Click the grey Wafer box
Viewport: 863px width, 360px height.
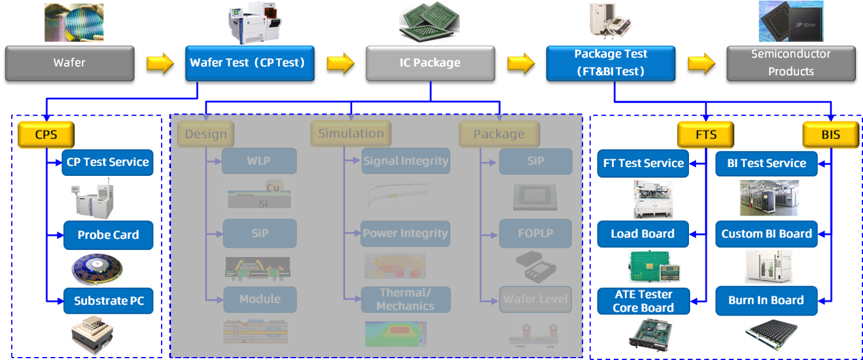click(69, 63)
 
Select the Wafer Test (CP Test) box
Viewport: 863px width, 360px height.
click(249, 63)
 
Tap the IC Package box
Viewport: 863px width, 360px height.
click(430, 63)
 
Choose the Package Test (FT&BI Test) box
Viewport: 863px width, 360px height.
click(610, 63)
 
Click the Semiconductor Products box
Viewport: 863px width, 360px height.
click(791, 63)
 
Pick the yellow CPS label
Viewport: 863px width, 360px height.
click(46, 134)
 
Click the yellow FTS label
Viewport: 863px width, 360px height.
click(706, 134)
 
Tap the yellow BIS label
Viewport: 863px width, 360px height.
click(830, 134)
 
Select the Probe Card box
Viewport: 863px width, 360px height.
click(108, 235)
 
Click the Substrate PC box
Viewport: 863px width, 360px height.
click(108, 301)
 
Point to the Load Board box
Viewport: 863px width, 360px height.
click(643, 234)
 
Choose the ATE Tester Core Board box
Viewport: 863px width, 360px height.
click(643, 301)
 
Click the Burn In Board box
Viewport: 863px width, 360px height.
click(766, 300)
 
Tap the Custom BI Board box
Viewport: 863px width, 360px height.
click(766, 234)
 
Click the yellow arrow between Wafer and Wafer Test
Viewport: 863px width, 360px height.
click(160, 63)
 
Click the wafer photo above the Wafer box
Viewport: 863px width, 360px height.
click(73, 22)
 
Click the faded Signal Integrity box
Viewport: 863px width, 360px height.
click(405, 161)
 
